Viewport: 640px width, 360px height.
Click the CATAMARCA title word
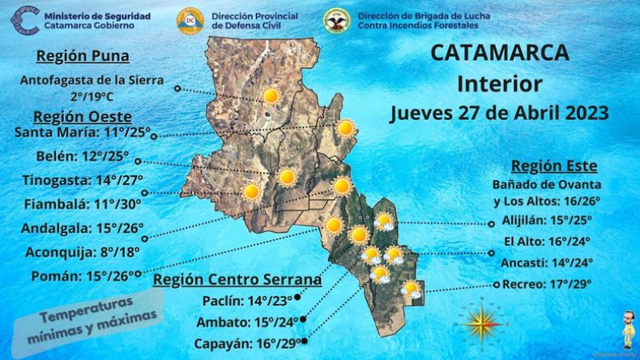point(500,53)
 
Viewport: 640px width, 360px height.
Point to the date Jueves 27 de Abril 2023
point(499,112)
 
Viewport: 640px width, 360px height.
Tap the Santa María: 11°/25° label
point(83,132)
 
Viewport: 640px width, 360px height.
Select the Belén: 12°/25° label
point(82,156)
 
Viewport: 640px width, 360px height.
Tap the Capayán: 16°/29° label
point(247,343)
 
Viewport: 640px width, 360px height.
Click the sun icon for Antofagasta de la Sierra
point(271,97)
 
